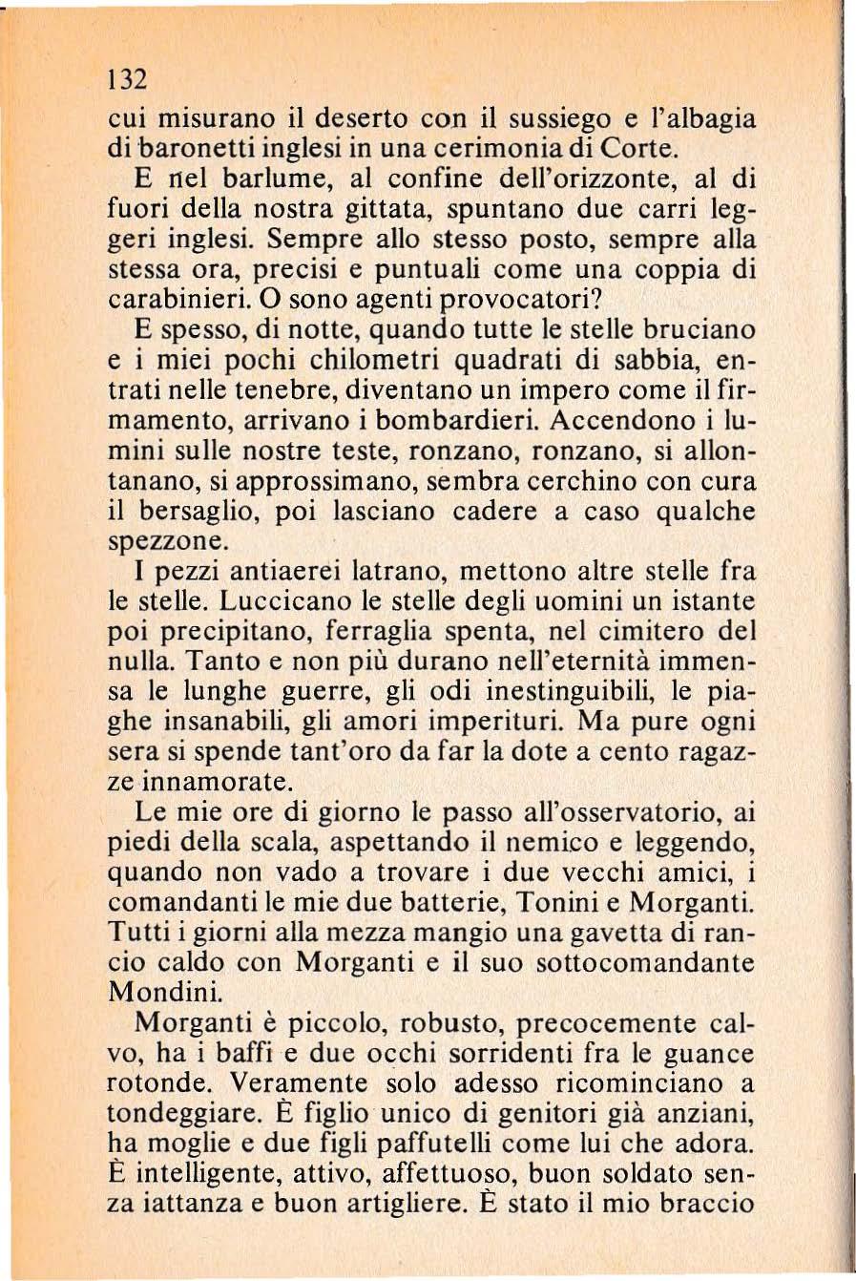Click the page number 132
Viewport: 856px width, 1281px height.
(x=125, y=77)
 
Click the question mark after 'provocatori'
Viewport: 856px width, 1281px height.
(x=598, y=298)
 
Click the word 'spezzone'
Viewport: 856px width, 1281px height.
(x=166, y=541)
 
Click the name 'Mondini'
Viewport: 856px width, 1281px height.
(x=163, y=992)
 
